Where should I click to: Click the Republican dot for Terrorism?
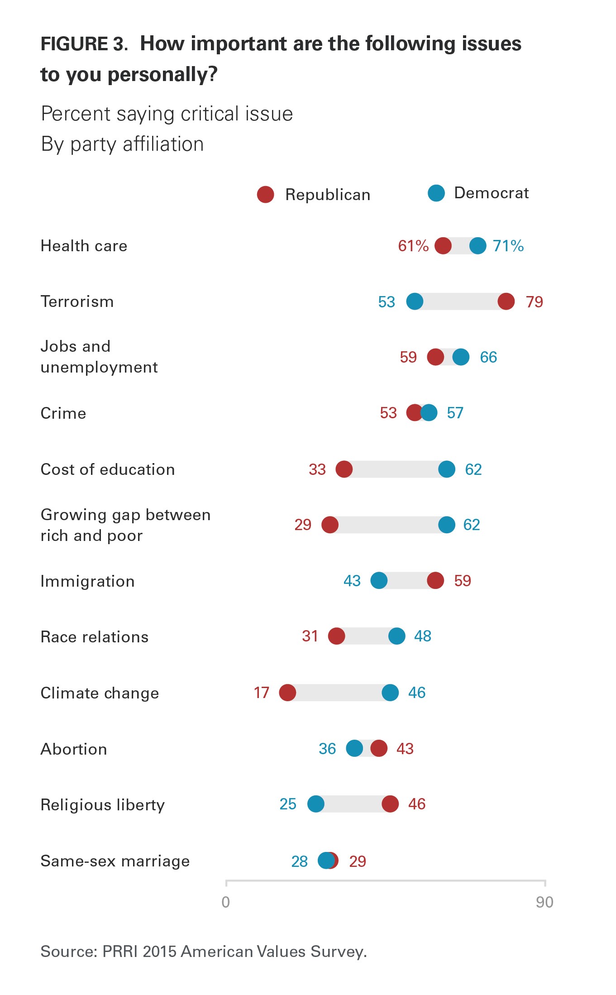point(506,301)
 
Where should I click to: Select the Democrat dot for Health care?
point(478,246)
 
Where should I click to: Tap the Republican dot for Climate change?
point(287,693)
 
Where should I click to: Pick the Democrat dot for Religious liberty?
point(316,804)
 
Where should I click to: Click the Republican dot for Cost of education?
point(344,469)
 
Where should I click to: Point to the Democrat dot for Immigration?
point(379,580)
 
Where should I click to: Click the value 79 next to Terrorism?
point(534,302)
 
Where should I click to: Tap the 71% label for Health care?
point(508,246)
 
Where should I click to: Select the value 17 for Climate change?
point(262,693)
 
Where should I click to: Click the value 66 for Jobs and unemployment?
point(488,357)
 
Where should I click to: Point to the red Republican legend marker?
point(266,195)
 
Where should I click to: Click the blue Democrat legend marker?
point(436,193)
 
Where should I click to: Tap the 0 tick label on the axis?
point(226,902)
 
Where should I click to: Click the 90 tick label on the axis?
point(544,902)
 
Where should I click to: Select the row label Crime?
point(63,413)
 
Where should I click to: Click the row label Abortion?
point(74,749)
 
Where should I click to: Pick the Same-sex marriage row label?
point(115,861)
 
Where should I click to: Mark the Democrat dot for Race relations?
point(397,636)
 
